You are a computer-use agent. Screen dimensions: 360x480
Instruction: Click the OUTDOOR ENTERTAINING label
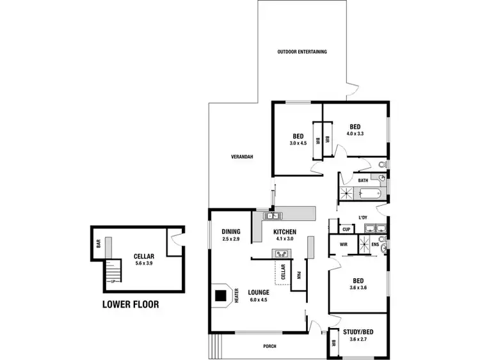(302, 51)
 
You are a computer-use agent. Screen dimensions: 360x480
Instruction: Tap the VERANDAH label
(243, 157)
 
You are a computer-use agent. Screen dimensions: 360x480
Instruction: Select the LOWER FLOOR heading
(131, 304)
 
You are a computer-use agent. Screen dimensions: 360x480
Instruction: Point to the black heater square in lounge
(221, 296)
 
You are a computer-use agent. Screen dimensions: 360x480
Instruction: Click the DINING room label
(230, 231)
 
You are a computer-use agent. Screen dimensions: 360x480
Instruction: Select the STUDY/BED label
(358, 331)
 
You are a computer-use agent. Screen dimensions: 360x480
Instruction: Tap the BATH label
(363, 181)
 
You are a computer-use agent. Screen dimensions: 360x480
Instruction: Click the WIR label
(343, 244)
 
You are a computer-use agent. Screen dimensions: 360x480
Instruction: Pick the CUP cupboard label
(346, 228)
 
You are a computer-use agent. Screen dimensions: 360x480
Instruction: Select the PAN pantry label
(300, 277)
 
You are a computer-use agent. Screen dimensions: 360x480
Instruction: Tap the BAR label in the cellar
(99, 244)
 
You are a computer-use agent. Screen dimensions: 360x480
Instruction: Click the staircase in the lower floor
(113, 270)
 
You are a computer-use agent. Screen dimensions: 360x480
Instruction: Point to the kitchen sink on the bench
(269, 216)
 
